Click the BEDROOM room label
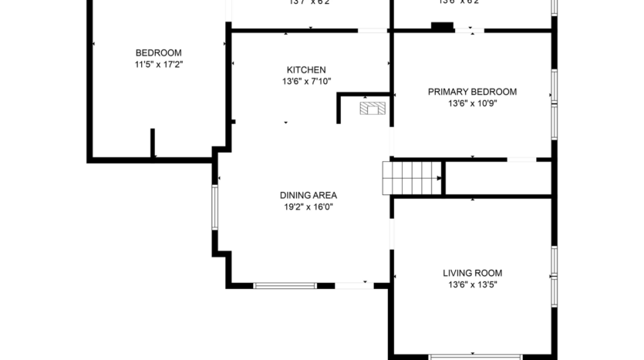tap(158, 52)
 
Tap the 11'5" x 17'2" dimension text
tap(158, 65)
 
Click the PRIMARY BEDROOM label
tap(472, 92)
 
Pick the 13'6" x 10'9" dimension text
tap(472, 103)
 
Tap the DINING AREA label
tap(308, 195)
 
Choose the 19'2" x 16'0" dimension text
tap(308, 207)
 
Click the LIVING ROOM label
tap(472, 273)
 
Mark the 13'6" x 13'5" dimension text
tap(472, 284)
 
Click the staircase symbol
tap(412, 178)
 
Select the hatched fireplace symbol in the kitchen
tap(373, 108)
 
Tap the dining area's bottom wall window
tap(285, 286)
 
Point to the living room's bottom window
tap(475, 357)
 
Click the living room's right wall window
tap(553, 274)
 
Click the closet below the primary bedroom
tap(497, 178)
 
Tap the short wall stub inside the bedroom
tap(153, 143)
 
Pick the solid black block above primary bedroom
tap(442, 28)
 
